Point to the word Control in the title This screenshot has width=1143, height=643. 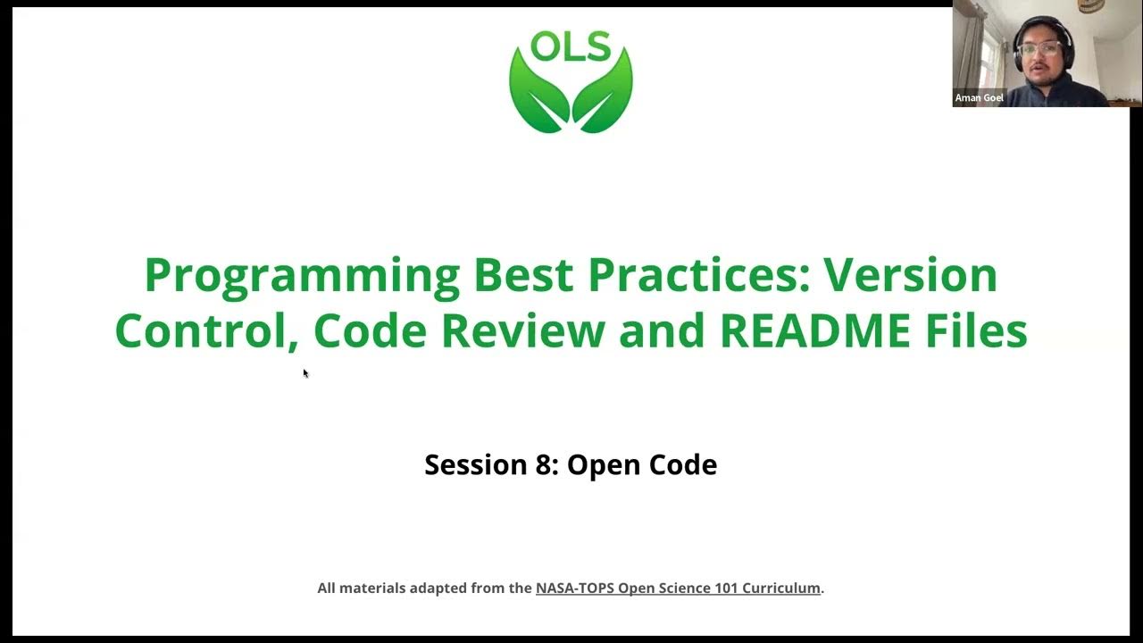(x=206, y=330)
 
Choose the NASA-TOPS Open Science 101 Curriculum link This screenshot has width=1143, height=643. (x=678, y=588)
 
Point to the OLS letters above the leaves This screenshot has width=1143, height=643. (x=571, y=47)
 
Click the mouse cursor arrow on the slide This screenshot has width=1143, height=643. (x=305, y=373)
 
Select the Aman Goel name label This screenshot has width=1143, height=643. (x=980, y=98)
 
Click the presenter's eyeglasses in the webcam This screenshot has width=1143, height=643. (x=1040, y=47)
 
